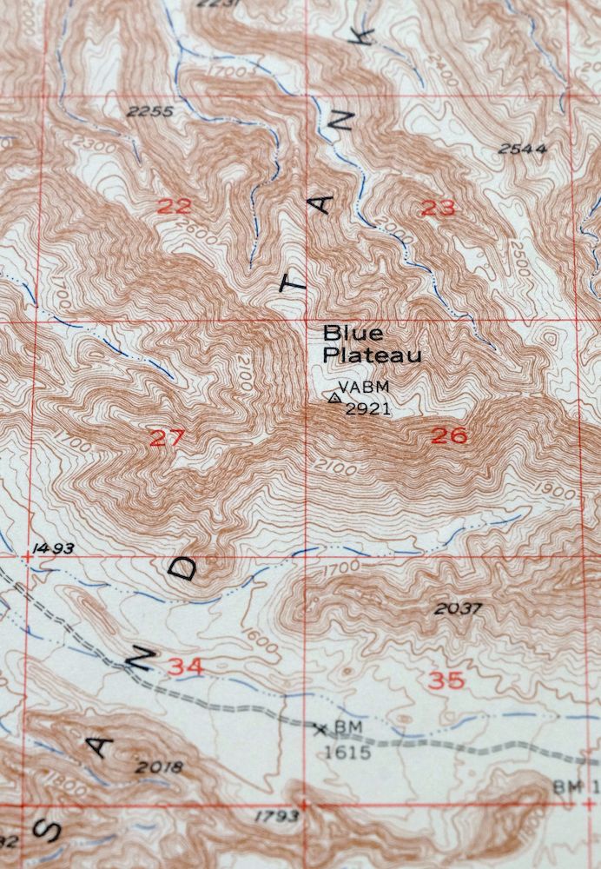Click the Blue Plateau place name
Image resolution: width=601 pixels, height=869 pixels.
[372, 344]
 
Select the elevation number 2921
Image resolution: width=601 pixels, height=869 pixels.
[368, 408]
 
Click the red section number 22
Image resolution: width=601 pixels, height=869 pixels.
[175, 206]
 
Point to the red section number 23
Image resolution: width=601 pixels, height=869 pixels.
[438, 208]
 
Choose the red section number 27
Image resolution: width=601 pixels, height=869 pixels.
[167, 438]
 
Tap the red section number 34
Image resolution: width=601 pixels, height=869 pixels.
[187, 667]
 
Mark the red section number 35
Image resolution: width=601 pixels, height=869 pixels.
[446, 680]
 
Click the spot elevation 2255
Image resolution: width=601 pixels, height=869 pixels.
[149, 111]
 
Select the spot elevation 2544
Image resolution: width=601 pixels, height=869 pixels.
[523, 149]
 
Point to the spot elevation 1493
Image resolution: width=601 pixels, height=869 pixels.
[52, 549]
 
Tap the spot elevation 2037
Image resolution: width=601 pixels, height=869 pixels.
[458, 608]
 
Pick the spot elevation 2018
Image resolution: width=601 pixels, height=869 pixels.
[160, 766]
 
